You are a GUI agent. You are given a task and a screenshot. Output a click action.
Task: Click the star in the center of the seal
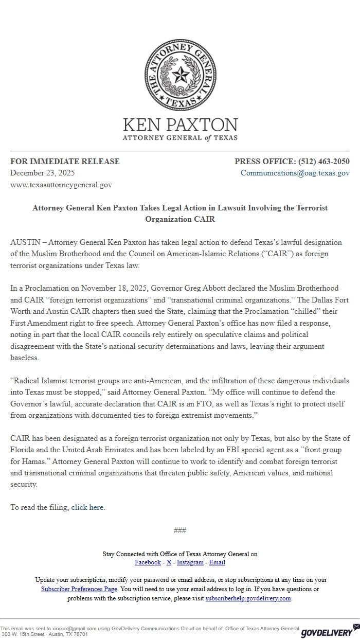pos(180,76)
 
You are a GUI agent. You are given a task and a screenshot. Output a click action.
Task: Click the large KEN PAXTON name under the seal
pos(180,125)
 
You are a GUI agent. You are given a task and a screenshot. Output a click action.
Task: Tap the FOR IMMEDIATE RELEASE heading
pos(65,162)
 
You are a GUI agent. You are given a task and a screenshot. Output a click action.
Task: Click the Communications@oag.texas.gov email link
pos(295,173)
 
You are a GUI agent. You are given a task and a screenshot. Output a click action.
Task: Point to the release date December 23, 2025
pos(43,173)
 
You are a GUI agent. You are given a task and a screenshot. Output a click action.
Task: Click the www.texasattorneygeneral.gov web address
pos(61,184)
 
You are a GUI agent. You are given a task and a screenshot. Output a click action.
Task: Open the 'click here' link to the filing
pos(87,507)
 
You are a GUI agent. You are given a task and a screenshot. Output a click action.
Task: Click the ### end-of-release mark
pos(180,530)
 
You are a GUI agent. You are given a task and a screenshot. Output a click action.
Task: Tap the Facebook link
pos(148,562)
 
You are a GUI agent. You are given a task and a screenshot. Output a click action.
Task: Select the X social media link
pos(169,562)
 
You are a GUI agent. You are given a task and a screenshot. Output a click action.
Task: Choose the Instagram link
pos(190,562)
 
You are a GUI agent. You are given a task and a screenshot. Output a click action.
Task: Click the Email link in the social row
pos(217,562)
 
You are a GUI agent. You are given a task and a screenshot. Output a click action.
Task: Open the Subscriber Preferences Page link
pos(79,589)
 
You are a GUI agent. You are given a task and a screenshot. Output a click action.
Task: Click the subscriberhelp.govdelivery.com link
pos(248,598)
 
